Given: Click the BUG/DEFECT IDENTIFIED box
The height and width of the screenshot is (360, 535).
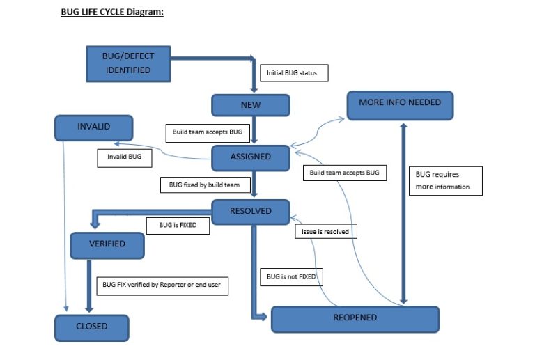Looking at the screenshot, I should (x=127, y=63).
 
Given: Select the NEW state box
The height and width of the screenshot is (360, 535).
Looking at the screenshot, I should (x=250, y=105).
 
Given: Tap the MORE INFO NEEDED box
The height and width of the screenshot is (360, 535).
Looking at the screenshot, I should (x=400, y=103).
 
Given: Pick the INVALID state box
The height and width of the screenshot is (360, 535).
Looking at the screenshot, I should (x=93, y=127).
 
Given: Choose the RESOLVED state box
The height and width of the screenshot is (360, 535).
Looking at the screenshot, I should (x=250, y=212).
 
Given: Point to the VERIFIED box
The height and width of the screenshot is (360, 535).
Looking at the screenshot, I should (x=107, y=244).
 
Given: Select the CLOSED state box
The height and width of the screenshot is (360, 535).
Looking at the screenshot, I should (x=91, y=327).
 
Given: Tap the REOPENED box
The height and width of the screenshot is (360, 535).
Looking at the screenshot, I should (x=355, y=318).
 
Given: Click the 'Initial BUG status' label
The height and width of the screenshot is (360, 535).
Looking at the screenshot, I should (x=293, y=73).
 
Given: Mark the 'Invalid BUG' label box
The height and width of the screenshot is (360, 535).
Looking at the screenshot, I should (x=125, y=157).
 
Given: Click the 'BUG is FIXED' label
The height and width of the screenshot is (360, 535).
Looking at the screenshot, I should (x=178, y=226).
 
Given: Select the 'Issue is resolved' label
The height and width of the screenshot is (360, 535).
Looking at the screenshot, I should (x=325, y=231).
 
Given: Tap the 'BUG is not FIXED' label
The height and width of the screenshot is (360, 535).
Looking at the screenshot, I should (x=291, y=277).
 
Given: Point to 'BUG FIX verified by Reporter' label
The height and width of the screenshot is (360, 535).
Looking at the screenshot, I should (x=162, y=285).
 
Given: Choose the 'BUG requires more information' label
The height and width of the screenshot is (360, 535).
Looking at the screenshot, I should (x=444, y=180).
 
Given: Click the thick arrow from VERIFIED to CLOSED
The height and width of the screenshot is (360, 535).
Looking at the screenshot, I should (x=88, y=285).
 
